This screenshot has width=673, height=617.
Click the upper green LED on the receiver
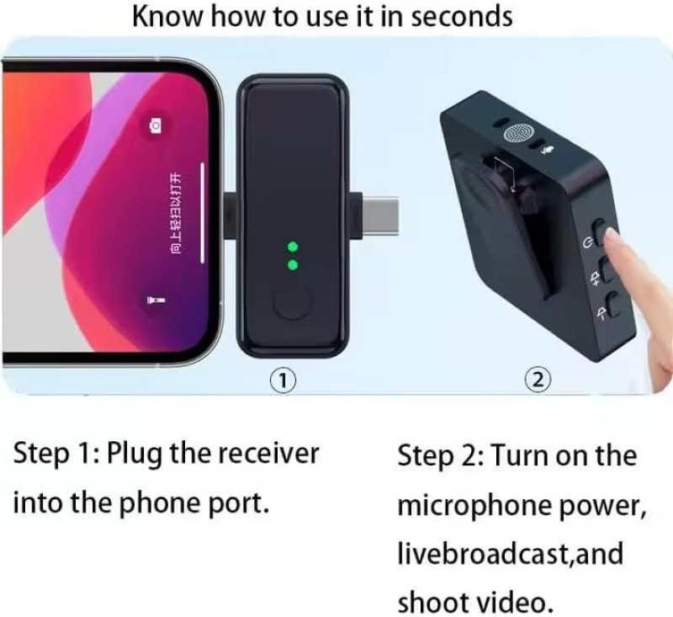(x=293, y=247)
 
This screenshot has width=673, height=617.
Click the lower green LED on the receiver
(x=293, y=265)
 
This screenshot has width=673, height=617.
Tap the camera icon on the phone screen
(x=156, y=125)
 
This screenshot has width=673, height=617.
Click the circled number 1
(x=283, y=380)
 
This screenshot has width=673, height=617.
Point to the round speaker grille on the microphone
(x=520, y=134)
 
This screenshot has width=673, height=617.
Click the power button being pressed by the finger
(x=601, y=232)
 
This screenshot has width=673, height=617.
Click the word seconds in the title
(x=461, y=16)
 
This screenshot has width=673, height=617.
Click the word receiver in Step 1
(x=267, y=454)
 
